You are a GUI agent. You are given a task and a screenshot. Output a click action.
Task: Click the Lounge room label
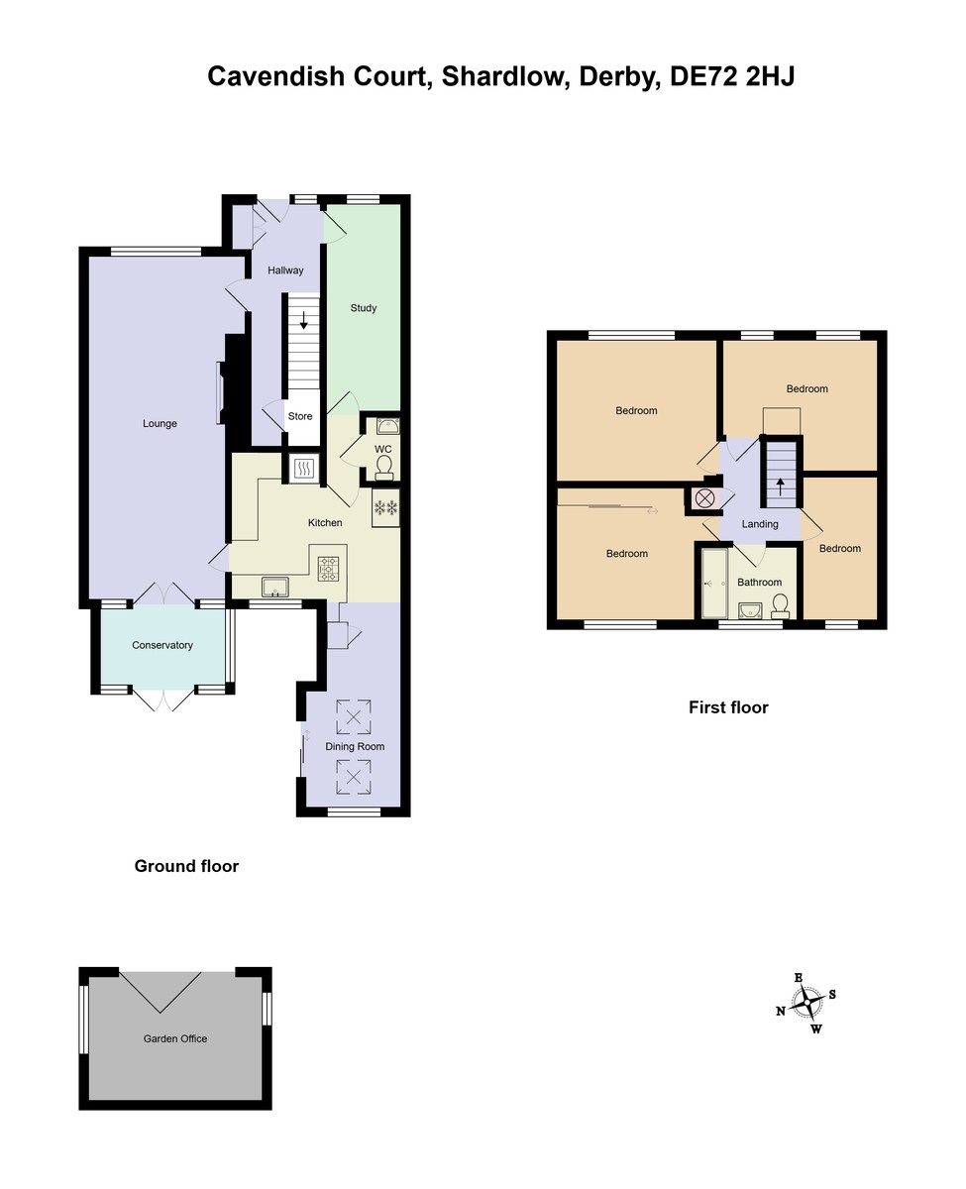(x=160, y=424)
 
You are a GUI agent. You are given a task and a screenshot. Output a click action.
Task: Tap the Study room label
(x=364, y=308)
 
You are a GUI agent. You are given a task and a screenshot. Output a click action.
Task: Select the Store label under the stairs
(x=300, y=416)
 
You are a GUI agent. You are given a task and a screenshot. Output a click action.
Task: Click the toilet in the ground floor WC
(x=384, y=468)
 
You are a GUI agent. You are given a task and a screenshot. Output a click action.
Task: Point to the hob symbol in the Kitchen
(x=328, y=569)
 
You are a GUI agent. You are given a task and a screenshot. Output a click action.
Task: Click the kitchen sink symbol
(x=275, y=588)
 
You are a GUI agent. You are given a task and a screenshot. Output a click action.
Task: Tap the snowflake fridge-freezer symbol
(x=386, y=508)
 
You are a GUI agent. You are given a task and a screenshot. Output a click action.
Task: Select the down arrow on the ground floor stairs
(x=303, y=320)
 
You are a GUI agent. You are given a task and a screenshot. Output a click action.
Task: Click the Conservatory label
(x=162, y=645)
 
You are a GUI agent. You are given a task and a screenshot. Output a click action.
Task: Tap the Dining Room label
(x=355, y=747)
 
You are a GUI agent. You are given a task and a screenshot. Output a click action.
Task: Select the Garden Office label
(x=175, y=1038)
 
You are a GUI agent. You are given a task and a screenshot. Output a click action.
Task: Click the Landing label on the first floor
(x=760, y=524)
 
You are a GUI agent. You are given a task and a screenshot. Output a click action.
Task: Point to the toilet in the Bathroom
(x=780, y=606)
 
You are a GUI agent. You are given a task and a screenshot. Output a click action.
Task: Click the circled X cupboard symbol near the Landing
(x=704, y=498)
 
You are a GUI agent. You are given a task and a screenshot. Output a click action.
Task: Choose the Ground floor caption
(x=186, y=866)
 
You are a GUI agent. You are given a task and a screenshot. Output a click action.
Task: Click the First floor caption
(x=728, y=707)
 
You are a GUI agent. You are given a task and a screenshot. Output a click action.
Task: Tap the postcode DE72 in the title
(x=703, y=76)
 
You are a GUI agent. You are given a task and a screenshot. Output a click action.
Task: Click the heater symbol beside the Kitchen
(x=304, y=468)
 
